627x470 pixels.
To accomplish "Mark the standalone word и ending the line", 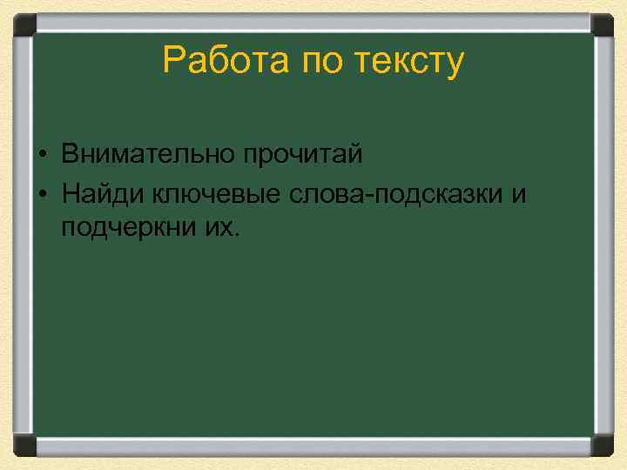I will [519, 193].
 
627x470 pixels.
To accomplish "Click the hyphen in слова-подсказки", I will [370, 195].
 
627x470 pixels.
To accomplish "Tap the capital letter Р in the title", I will [172, 62].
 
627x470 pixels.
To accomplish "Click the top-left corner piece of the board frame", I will [24, 23].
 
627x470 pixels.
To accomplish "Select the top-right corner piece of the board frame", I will [603, 23].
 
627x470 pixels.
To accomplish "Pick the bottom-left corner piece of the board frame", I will [24, 446].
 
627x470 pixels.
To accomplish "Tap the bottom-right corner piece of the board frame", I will [603, 446].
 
